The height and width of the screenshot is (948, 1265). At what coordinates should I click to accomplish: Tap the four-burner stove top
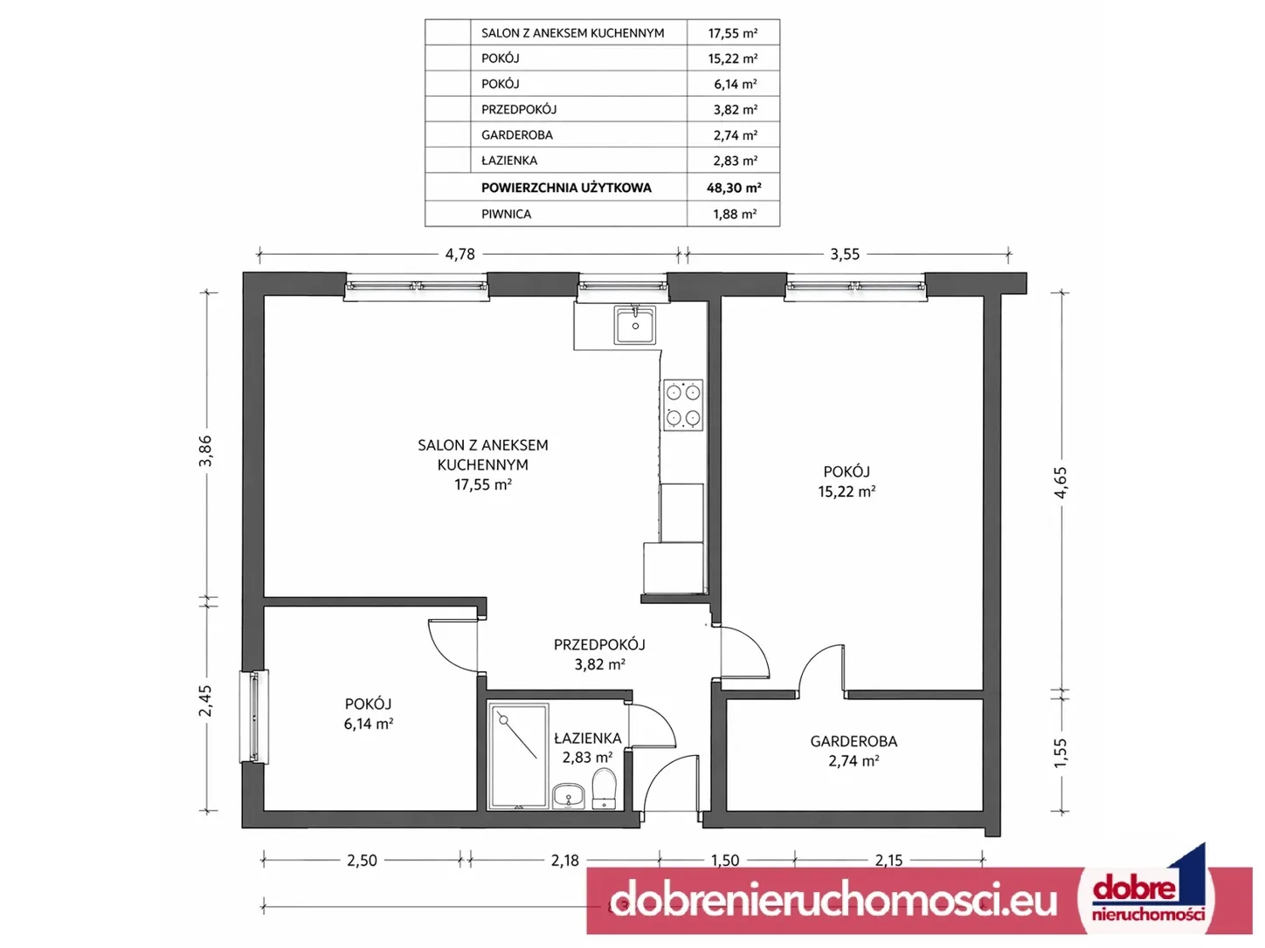click(683, 405)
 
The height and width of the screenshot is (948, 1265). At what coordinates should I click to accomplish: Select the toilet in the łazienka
click(605, 788)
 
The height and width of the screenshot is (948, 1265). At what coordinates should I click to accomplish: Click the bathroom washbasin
click(568, 796)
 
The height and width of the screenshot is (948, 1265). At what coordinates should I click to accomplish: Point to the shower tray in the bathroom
click(518, 756)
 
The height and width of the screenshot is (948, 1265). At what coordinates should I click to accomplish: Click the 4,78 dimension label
click(460, 254)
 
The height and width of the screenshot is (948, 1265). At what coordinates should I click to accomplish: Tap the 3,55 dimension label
click(845, 254)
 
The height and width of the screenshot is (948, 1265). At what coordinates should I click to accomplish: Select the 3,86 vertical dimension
click(206, 451)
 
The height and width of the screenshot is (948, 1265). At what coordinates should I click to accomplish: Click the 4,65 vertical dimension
click(1061, 482)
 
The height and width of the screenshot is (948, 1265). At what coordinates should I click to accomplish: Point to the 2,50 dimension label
click(362, 860)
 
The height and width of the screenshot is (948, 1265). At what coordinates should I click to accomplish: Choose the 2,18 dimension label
click(564, 860)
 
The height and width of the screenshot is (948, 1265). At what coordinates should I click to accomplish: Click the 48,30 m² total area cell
click(734, 188)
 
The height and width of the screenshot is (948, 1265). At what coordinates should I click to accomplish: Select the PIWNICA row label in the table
click(507, 214)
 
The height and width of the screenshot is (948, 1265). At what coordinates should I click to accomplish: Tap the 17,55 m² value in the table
click(732, 33)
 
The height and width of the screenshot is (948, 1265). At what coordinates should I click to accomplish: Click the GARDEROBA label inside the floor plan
click(854, 741)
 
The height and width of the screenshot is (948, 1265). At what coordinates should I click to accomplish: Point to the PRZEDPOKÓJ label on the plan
click(599, 645)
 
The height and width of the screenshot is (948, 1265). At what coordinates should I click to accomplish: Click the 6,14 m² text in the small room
click(369, 724)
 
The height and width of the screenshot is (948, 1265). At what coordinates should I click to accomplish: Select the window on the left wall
click(254, 717)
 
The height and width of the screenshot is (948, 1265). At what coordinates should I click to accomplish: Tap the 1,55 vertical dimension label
click(1061, 752)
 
